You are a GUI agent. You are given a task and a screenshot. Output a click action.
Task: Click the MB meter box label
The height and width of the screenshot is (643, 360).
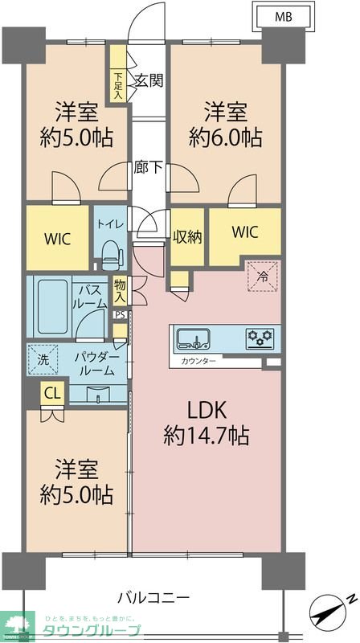point(283,16)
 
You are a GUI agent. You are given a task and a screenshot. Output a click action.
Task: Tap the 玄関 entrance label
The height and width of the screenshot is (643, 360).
point(149,80)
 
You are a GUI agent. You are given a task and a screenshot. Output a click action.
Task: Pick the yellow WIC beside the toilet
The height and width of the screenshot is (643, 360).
point(56,239)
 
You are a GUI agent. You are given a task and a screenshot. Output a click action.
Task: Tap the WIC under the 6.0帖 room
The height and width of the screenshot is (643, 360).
point(245,232)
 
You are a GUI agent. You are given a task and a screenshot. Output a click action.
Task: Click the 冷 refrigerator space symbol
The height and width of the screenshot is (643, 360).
point(263,276)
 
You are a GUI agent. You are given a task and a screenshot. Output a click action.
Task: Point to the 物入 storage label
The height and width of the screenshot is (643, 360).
point(121,291)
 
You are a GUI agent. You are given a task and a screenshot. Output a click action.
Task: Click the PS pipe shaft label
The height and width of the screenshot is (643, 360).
point(120,315)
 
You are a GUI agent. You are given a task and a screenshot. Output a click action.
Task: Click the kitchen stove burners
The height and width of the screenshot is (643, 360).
point(260,338)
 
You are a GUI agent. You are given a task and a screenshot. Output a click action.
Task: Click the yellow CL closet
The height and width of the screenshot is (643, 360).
point(52,394)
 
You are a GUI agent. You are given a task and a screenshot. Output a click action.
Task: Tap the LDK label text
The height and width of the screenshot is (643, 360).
point(207,410)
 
